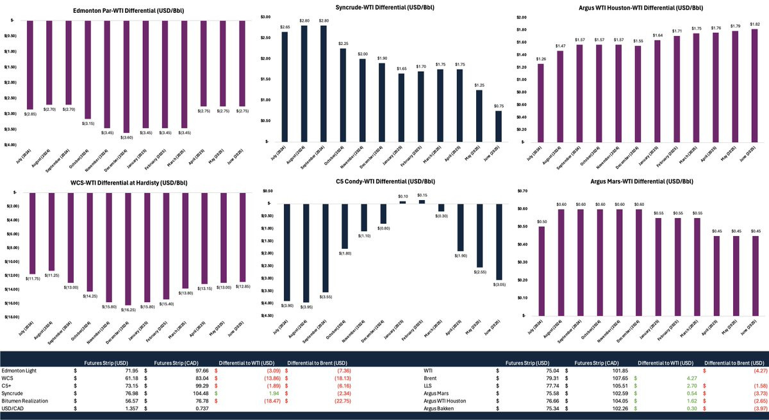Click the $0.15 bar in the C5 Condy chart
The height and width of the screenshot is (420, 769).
click(422, 202)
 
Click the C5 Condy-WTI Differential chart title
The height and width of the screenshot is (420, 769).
click(384, 181)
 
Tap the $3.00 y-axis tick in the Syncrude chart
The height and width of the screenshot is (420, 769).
click(266, 17)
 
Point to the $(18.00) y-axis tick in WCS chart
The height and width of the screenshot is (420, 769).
click(13, 317)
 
